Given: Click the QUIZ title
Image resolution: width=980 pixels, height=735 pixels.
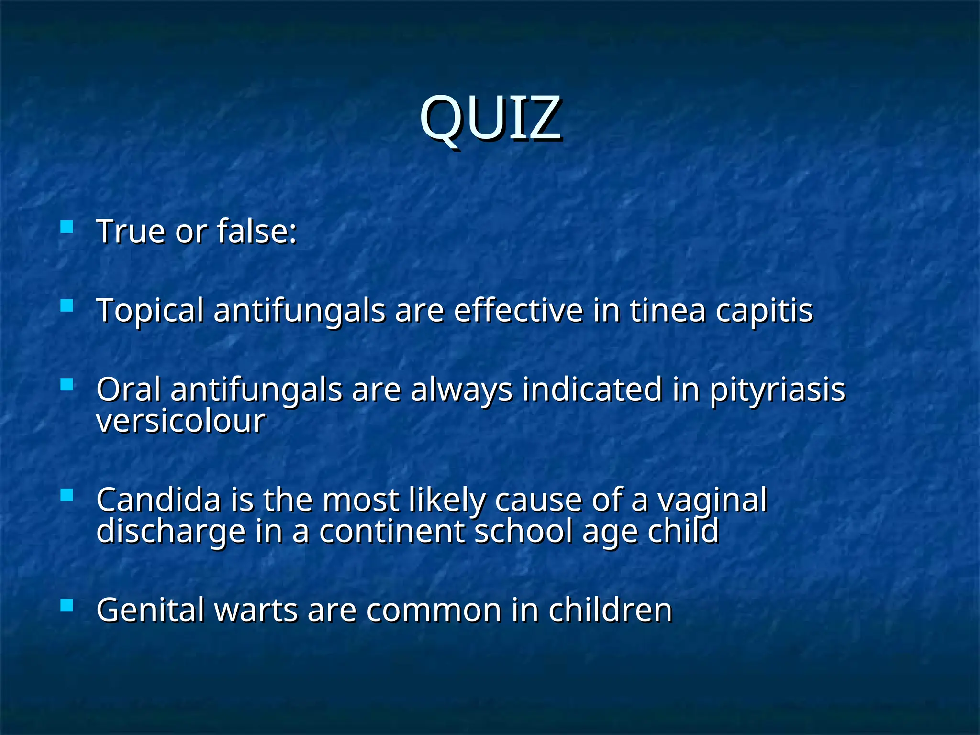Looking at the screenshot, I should (490, 118).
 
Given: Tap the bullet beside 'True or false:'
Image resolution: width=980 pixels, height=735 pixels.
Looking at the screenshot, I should (67, 226).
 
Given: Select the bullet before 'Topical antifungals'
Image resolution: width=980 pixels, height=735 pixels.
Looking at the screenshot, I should (67, 305).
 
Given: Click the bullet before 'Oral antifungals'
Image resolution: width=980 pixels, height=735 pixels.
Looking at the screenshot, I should (67, 385).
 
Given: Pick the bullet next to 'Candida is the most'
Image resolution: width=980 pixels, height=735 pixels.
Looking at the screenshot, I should (67, 495).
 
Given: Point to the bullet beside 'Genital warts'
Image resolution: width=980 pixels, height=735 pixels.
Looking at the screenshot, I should (67, 605).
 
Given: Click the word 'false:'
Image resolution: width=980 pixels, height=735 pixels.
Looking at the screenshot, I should (257, 231).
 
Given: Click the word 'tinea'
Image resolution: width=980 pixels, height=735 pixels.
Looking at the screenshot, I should (668, 311).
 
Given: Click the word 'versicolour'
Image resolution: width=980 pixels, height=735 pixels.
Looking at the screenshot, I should (180, 421).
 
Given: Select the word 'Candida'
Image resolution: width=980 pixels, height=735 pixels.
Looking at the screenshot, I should (158, 500).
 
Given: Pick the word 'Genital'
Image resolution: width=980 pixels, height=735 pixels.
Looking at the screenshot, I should (150, 611).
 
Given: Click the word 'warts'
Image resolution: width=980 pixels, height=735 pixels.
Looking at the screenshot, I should (256, 611).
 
